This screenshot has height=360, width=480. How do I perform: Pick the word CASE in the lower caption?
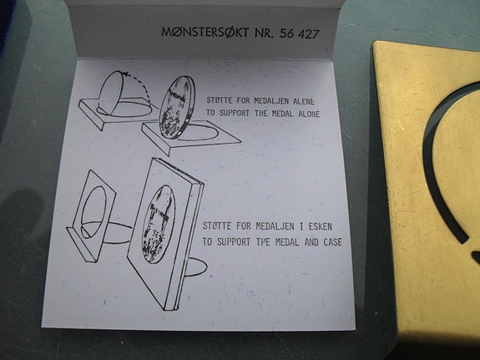point(326,242)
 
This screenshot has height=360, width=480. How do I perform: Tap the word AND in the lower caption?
point(298,242)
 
